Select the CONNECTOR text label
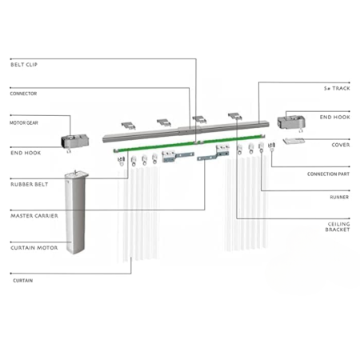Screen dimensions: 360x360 click(23, 94)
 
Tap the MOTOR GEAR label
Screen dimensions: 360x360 click(25, 123)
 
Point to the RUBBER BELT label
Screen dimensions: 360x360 click(29, 184)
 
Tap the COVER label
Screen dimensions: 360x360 click(340, 145)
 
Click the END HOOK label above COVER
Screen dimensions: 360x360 click(334, 117)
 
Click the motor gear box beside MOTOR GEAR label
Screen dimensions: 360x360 click(74, 142)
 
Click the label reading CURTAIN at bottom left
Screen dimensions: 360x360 click(22, 282)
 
